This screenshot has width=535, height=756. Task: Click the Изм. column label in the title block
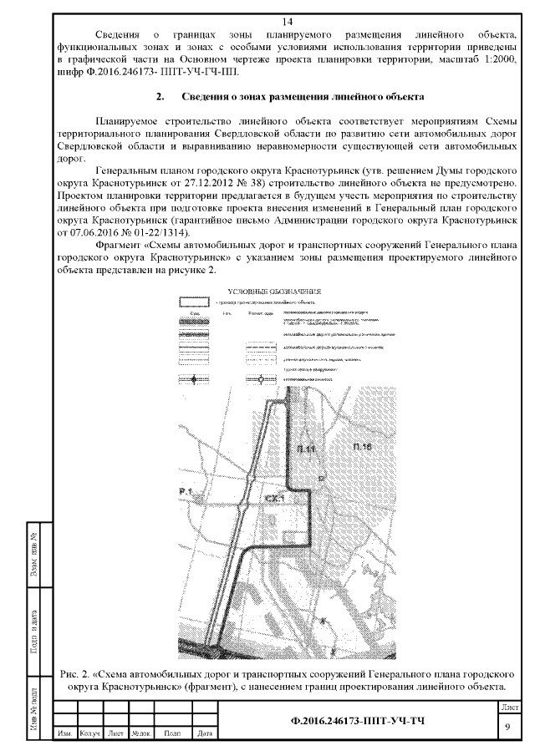[64, 734]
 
